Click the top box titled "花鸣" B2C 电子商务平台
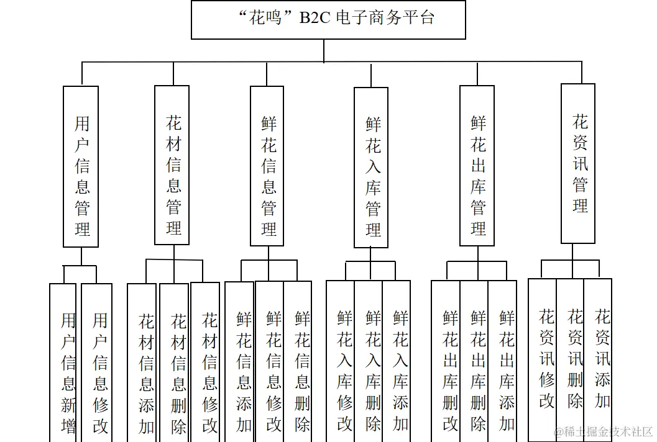[328, 19]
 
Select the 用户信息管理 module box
[81, 166]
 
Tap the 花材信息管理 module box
[172, 166]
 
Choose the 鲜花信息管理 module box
[267, 166]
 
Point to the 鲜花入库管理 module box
[371, 167]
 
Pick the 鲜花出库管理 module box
[477, 166]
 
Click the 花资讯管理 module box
[578, 163]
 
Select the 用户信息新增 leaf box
[63, 363]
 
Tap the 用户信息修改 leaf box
[97, 363]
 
